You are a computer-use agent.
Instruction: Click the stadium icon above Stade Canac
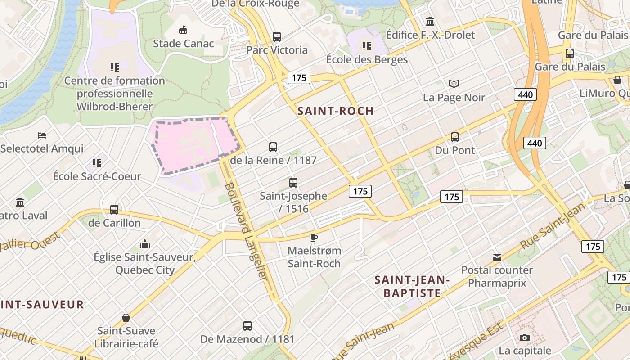[183, 30]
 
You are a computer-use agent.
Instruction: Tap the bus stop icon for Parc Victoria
[277, 37]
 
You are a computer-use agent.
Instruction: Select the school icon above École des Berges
[367, 46]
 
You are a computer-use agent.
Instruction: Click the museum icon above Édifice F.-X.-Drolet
[430, 21]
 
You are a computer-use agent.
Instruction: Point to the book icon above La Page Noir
[454, 84]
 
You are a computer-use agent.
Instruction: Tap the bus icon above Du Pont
[455, 137]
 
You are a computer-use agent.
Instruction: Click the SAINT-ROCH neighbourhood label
[336, 111]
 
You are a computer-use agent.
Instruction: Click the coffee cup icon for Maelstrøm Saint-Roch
[314, 238]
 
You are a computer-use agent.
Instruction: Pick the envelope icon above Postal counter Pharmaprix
[497, 257]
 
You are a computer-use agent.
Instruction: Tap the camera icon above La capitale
[524, 337]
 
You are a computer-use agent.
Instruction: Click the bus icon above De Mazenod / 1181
[247, 326]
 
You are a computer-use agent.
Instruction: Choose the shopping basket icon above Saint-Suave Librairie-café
[126, 318]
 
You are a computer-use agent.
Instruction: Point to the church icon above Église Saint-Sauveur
[144, 244]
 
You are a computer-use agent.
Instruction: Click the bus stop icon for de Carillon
[114, 210]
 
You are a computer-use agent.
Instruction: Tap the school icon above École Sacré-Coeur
[97, 163]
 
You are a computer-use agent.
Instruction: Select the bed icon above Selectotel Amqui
[42, 135]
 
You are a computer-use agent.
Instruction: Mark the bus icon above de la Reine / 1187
[273, 147]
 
